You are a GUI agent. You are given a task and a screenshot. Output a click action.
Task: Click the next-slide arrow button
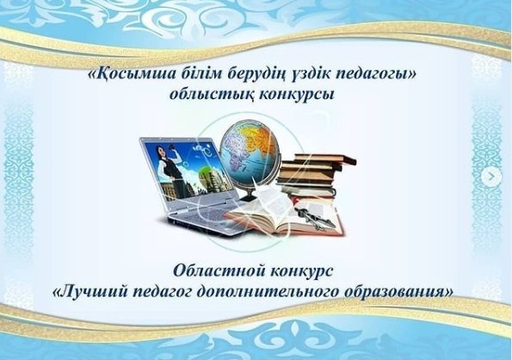point(491,177)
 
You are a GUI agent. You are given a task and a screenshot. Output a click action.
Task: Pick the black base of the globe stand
point(251,197)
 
